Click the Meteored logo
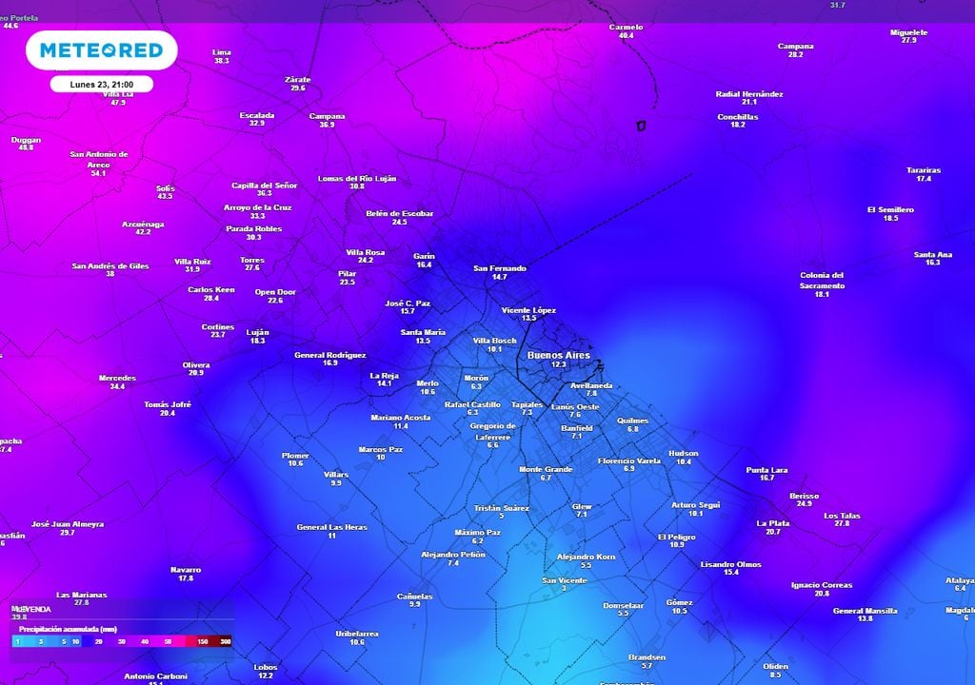(x=101, y=50)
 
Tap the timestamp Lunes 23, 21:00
(x=101, y=84)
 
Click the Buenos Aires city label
(x=558, y=355)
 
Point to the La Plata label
(x=772, y=522)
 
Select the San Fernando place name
(x=500, y=268)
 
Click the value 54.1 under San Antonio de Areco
(x=98, y=173)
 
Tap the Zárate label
(x=298, y=79)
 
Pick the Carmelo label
(x=626, y=27)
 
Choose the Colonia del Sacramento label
(x=822, y=281)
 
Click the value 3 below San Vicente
(x=565, y=589)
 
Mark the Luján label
(x=257, y=332)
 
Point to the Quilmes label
(x=632, y=421)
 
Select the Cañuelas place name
(x=414, y=597)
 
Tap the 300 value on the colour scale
(x=225, y=642)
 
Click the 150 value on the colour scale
(x=201, y=642)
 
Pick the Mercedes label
(x=117, y=378)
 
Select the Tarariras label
(x=924, y=170)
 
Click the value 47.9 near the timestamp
(x=118, y=102)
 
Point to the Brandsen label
(x=647, y=657)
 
